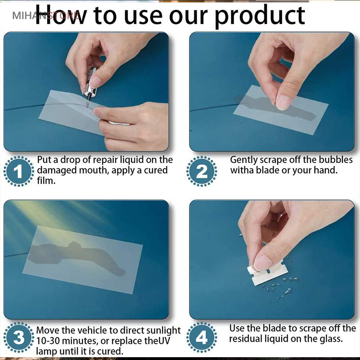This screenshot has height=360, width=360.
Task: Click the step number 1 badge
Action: point(18,171)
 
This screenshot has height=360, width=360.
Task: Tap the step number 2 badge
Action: point(202,171)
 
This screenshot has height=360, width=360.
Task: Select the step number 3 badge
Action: point(18,338)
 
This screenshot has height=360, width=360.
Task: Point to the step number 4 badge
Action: point(202,338)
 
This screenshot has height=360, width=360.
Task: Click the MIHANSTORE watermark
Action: point(46,16)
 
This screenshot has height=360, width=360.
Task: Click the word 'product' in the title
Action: point(260,16)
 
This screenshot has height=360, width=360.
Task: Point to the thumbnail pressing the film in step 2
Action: point(283,102)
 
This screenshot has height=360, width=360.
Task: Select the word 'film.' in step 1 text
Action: point(46,181)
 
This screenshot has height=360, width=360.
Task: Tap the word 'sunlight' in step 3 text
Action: point(163,331)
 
